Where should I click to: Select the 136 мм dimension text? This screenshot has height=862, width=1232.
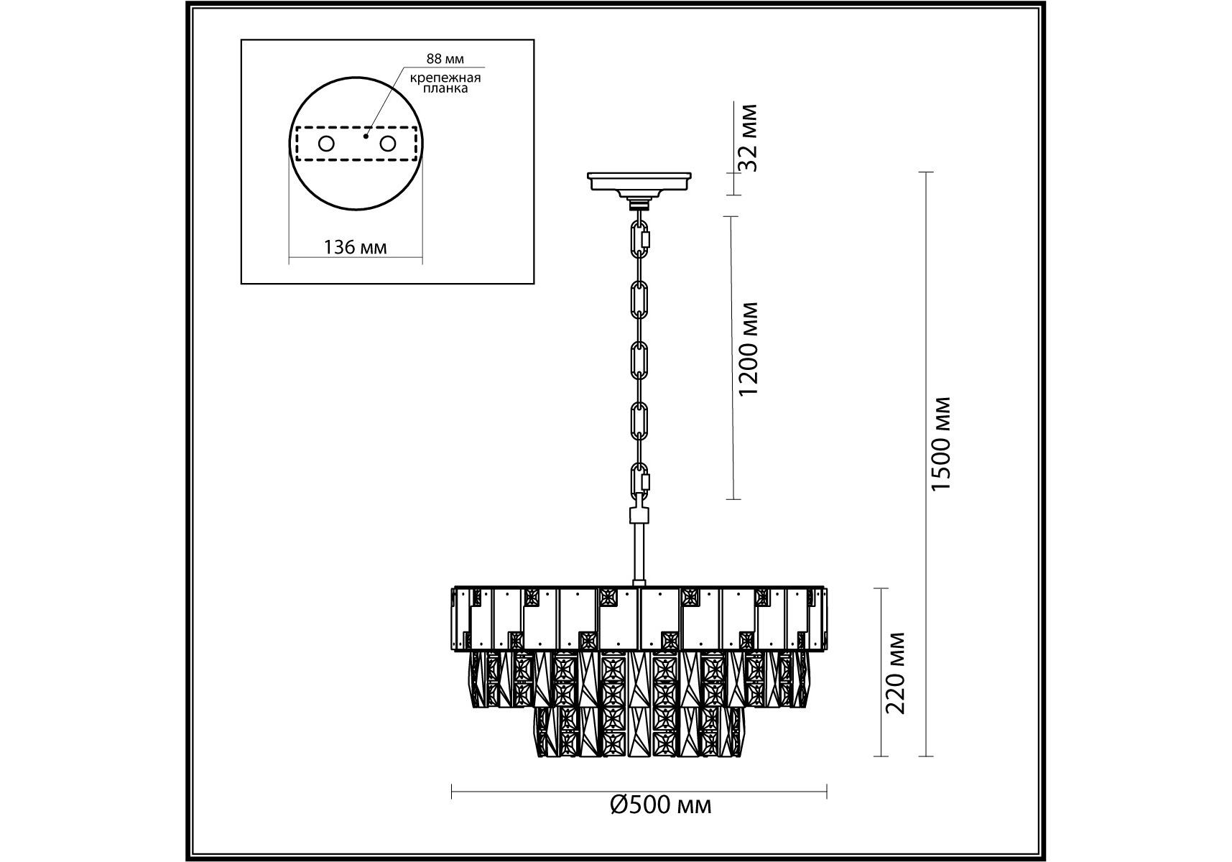[355, 248]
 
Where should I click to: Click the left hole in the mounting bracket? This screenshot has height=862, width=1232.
[326, 144]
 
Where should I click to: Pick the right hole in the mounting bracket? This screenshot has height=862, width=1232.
[388, 144]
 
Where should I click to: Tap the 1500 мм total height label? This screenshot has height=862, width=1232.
[941, 444]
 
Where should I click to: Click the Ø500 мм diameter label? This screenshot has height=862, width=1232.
[661, 805]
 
